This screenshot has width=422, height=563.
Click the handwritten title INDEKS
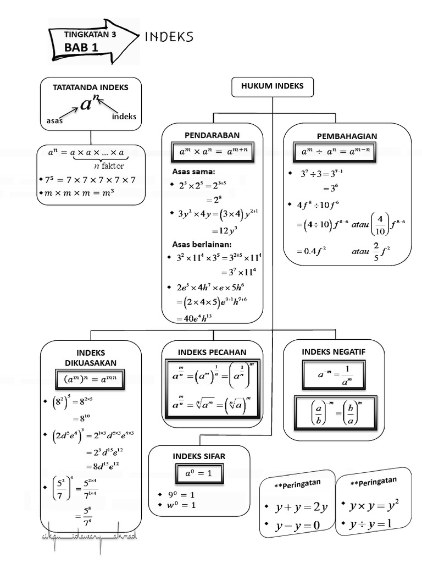169,37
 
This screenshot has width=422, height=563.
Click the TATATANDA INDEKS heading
91,87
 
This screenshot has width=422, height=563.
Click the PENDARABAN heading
213,135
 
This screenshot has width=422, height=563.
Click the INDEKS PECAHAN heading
212,352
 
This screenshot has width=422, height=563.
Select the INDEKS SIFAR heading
199,456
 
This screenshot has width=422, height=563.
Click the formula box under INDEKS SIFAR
199,473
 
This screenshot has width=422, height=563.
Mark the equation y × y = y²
374,504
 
